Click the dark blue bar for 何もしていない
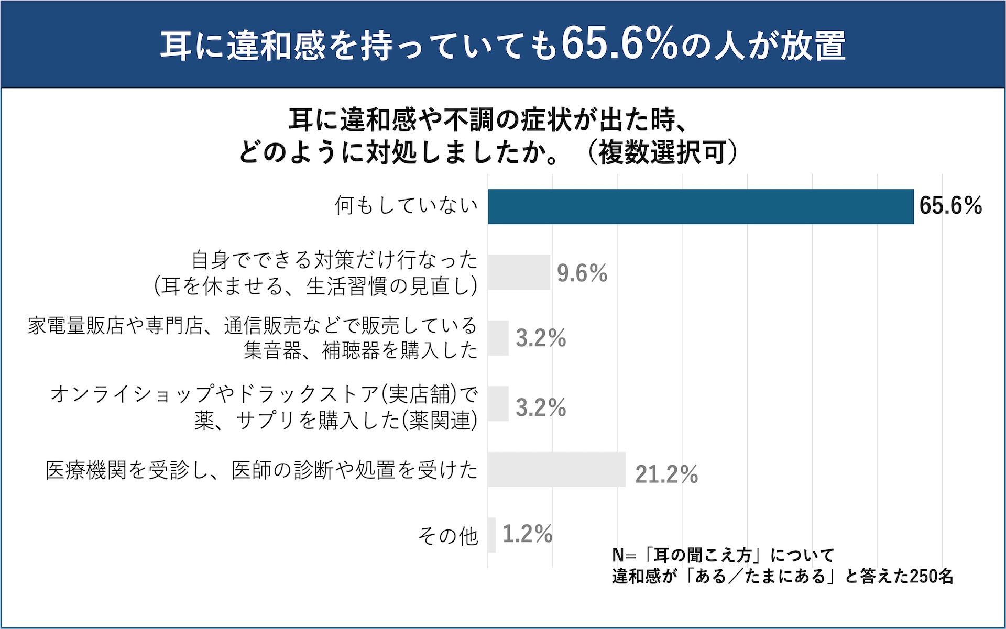click(x=701, y=206)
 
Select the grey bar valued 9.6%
click(x=519, y=272)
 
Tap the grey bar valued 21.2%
click(x=556, y=469)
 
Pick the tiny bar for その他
click(x=491, y=535)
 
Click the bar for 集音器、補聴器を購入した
click(x=498, y=338)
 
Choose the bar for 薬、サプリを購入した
click(x=498, y=403)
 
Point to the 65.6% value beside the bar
click(x=950, y=206)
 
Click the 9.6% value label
click(x=582, y=273)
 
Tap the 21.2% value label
click(x=666, y=474)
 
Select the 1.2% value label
click(x=527, y=534)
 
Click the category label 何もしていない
click(x=406, y=206)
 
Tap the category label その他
click(x=448, y=535)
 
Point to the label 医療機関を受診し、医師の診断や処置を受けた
click(x=261, y=470)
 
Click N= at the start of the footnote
click(x=622, y=555)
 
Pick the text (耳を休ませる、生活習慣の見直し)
click(x=315, y=286)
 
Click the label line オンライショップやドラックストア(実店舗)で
click(x=264, y=394)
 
